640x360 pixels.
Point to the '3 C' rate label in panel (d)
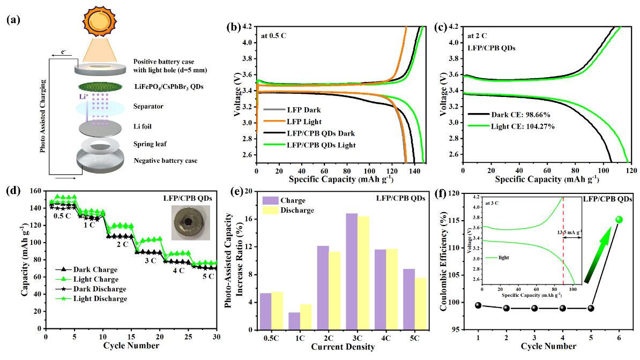click(x=151, y=261)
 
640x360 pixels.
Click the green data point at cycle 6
click(x=619, y=220)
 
